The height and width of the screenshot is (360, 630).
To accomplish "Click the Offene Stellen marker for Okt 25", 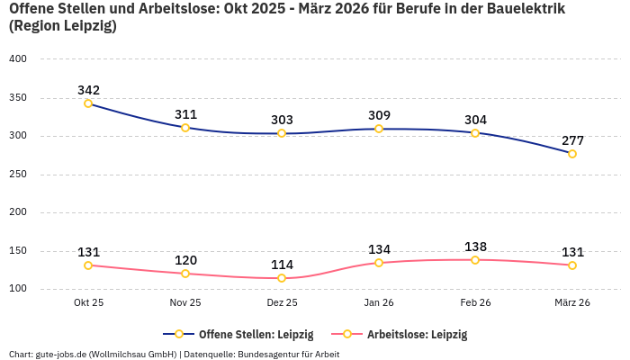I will pos(88,103).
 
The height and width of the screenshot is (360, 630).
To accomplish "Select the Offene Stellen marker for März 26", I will pos(572,154).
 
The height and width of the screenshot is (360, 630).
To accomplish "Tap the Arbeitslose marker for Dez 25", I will pos(282,278).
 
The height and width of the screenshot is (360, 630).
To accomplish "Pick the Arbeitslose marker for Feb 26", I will pos(475,260).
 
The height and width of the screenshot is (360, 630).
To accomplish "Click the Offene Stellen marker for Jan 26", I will pos(379,129).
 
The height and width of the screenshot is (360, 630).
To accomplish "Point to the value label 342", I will pos(88,90).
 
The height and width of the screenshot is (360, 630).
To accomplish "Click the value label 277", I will pos(572,140).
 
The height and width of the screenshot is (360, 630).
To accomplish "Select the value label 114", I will pos(282,265).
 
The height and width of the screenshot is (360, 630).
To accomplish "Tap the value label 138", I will pos(475,247).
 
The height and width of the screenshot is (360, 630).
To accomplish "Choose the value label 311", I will pos(185,114).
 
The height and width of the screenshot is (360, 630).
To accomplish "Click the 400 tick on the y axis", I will pos(18,59).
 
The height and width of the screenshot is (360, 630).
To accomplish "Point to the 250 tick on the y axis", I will pos(18,175).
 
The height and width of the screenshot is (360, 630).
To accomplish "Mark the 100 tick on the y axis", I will pos(18,289).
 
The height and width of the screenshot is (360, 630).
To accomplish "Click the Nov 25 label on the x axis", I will pos(185,303).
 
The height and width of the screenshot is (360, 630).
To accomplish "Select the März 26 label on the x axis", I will pos(572,303).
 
